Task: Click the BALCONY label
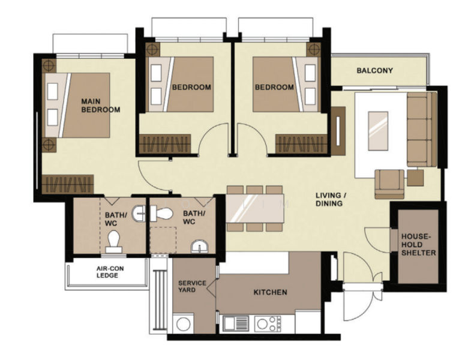tap(374, 71)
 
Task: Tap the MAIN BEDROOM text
tap(101, 106)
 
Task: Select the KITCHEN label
tap(270, 292)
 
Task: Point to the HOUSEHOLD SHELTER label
tap(418, 245)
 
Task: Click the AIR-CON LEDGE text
tap(110, 272)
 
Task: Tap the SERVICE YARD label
tap(192, 286)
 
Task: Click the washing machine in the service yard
tap(183, 324)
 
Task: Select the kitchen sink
tap(236, 323)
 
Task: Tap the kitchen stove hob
tap(268, 323)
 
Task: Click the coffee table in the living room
tap(378, 131)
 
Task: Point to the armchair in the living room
tap(389, 184)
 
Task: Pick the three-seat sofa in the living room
tap(422, 130)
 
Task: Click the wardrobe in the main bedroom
tap(68, 184)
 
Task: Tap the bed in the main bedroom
tap(77, 105)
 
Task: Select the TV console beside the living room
tap(338, 131)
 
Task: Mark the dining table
tap(255, 208)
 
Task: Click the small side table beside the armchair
tap(415, 178)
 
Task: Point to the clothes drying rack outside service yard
tap(160, 299)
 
